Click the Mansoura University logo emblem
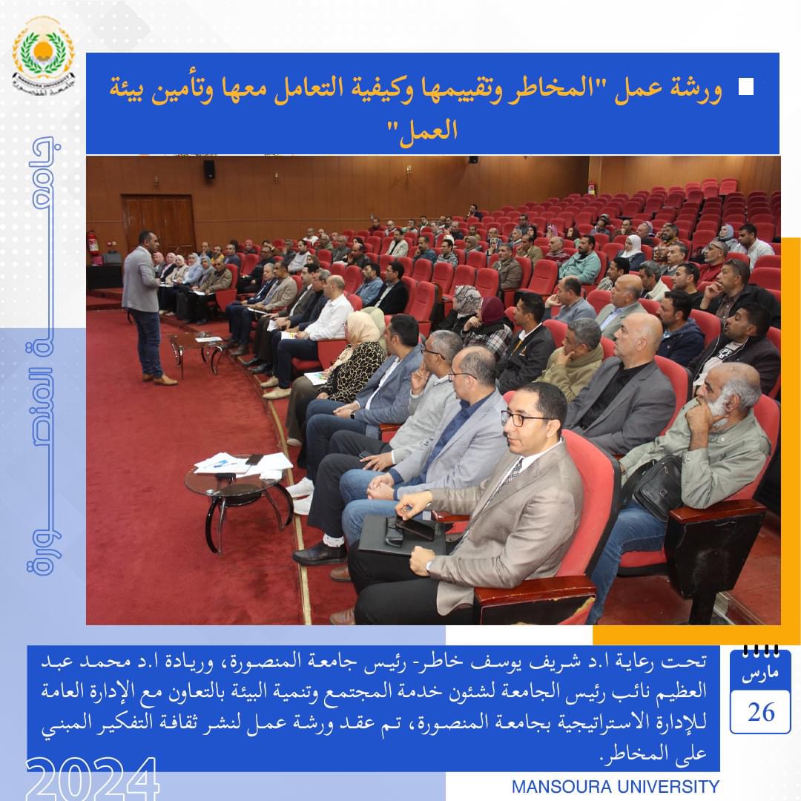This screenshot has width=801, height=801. click(x=44, y=55)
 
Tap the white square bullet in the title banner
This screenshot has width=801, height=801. click(x=746, y=87)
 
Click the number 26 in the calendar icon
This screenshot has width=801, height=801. click(x=761, y=711)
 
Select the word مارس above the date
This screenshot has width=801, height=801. click(x=760, y=673)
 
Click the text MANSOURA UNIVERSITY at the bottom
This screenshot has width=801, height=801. click(x=615, y=787)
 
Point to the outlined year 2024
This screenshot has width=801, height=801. click(x=92, y=779)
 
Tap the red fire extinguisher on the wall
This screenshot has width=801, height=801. click(x=93, y=243)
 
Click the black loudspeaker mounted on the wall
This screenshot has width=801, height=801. click(x=209, y=169)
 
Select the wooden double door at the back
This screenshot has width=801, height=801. click(x=159, y=224)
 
